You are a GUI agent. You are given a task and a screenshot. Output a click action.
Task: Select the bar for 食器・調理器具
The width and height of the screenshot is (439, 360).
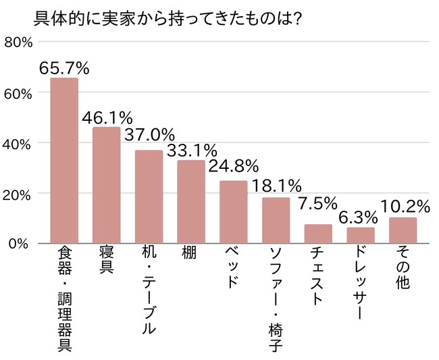tap(64, 161)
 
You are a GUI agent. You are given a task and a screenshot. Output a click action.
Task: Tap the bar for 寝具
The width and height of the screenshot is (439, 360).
tap(106, 185)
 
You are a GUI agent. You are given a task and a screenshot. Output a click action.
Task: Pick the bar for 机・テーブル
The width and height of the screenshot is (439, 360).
tap(149, 197)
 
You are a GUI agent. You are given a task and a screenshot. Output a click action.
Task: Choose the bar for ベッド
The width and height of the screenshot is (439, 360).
tap(234, 212)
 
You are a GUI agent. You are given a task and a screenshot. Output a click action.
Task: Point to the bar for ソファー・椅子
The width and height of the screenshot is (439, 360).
tap(276, 220)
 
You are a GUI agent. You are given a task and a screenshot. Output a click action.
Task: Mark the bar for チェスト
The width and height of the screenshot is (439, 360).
tap(318, 234)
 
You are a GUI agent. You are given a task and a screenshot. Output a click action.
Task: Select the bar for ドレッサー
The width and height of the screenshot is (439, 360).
tap(361, 235)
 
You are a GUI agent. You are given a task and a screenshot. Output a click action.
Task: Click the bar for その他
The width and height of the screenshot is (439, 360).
tap(403, 230)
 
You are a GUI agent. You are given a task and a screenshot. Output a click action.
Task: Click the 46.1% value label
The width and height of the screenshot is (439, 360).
tap(107, 118)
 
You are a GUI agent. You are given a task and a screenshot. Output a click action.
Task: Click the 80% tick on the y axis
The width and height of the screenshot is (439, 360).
tap(18, 43)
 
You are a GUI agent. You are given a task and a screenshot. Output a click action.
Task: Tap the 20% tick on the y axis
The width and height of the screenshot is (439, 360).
tap(18, 193)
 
